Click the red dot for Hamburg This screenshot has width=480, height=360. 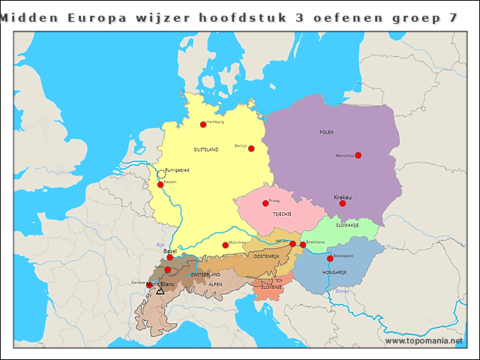(202, 124)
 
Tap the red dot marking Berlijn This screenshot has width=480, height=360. (251, 148)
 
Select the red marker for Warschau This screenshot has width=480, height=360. (358, 155)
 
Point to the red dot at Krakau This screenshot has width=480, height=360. (342, 203)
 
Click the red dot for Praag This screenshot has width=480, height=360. (265, 203)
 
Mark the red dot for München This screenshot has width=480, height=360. (225, 245)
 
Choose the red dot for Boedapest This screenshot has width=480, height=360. (330, 258)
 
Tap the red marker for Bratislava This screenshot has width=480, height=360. (303, 244)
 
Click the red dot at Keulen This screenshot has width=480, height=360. (160, 184)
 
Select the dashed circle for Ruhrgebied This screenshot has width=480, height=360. (161, 173)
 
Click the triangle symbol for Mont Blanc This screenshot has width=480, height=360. (160, 290)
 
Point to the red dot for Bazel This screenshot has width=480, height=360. (169, 257)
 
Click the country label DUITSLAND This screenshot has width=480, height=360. (206, 150)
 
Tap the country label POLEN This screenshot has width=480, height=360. (326, 132)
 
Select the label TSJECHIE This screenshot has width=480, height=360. (282, 213)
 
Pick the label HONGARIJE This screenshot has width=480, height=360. (334, 272)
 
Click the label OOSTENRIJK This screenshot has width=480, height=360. (266, 256)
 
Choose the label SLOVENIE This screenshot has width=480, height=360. (271, 287)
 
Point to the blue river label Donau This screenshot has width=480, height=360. (341, 291)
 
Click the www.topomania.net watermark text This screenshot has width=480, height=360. (423, 340)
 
